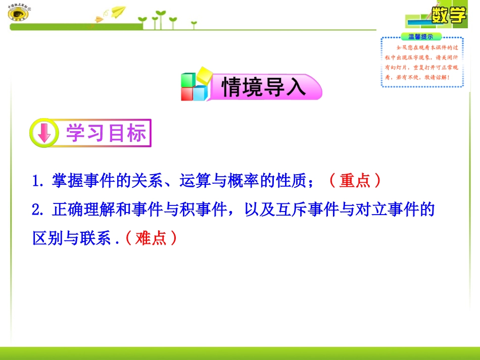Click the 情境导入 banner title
264,87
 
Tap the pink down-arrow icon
44,133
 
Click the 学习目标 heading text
106,133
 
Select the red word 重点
355,181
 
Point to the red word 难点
151,238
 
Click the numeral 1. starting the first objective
39,181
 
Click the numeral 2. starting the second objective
39,210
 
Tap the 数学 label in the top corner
449,15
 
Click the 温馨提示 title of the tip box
421,37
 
